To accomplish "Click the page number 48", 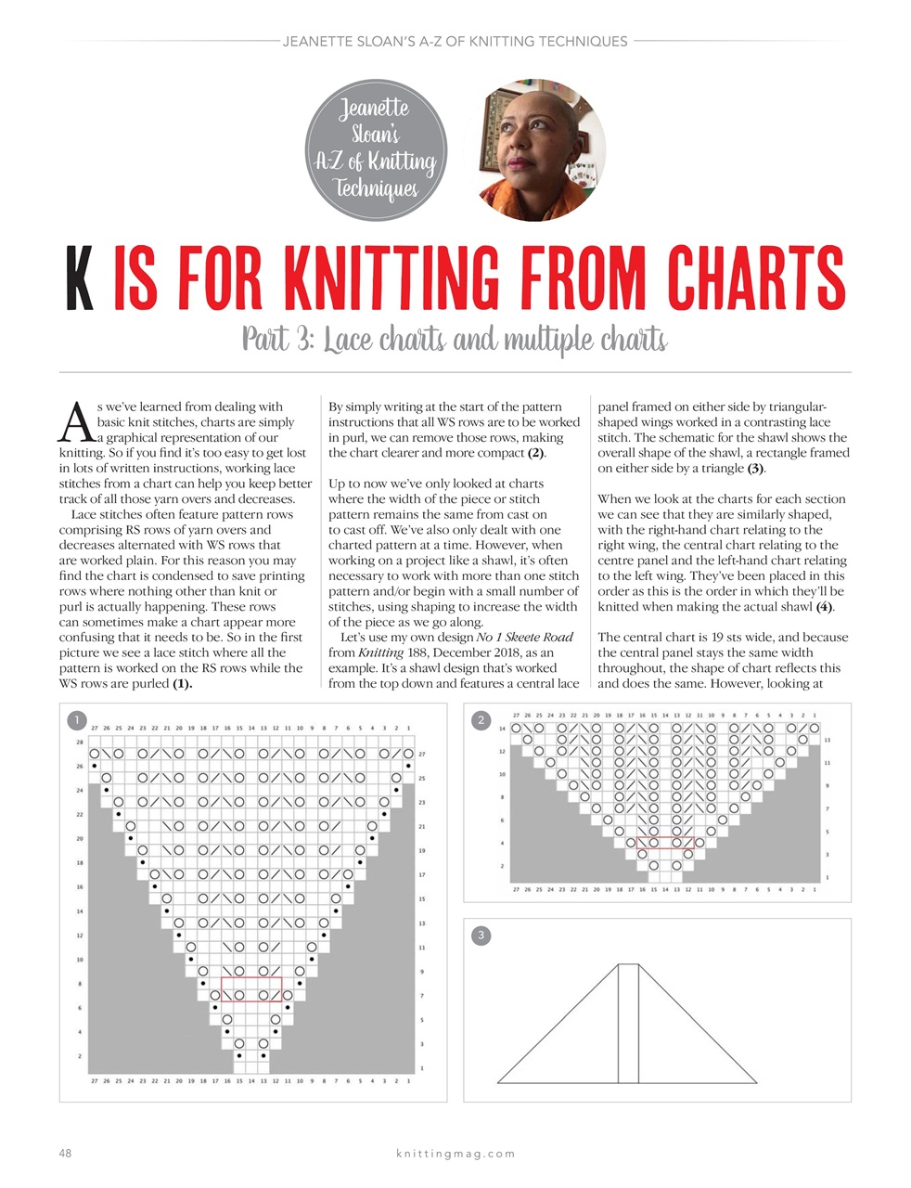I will tap(65, 1154).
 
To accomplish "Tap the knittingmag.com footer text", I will tap(455, 1154).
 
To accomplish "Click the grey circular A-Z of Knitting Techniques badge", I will tap(376, 150).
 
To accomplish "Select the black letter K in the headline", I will tap(81, 278).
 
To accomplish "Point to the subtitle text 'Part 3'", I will tap(276, 340).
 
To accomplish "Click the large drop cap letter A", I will tap(73, 424).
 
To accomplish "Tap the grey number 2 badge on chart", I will tap(481, 720).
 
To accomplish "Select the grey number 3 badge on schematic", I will tap(481, 936).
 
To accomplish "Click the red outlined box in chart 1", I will tap(251, 988).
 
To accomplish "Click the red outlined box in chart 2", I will tap(666, 843).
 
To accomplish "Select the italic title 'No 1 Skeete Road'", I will tap(524, 638).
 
